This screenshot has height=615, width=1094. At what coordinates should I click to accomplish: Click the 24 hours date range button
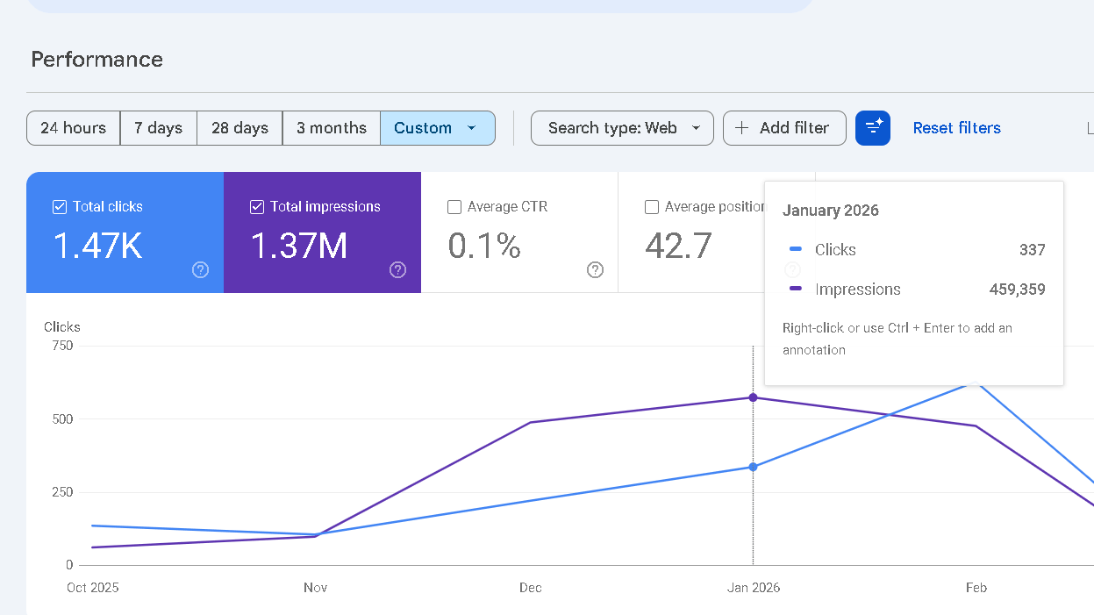73,128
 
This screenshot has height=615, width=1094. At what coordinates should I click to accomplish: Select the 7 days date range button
158,128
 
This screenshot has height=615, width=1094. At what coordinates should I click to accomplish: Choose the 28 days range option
240,128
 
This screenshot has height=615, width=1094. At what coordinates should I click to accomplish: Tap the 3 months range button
331,128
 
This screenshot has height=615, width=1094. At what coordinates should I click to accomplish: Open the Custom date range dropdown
437,128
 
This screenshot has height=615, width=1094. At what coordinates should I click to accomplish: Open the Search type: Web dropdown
622,128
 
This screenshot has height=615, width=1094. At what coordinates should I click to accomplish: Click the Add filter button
783,128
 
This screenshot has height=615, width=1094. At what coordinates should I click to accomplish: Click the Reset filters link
956,128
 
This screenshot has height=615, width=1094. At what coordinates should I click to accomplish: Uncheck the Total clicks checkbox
60,207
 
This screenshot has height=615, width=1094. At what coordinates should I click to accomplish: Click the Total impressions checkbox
257,207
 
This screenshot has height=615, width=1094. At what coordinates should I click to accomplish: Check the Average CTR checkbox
454,207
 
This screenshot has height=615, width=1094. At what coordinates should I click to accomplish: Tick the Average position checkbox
652,207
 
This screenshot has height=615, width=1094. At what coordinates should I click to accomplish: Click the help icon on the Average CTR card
595,270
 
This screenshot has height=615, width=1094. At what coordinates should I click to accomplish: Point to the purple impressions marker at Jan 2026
753,397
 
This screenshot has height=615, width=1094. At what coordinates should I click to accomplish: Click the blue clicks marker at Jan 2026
753,467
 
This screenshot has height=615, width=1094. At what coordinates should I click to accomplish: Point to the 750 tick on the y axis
62,346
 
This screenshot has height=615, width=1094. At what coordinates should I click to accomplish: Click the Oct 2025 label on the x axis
92,588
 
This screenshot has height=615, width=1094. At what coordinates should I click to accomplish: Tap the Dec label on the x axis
530,588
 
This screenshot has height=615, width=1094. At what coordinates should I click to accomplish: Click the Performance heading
97,60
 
